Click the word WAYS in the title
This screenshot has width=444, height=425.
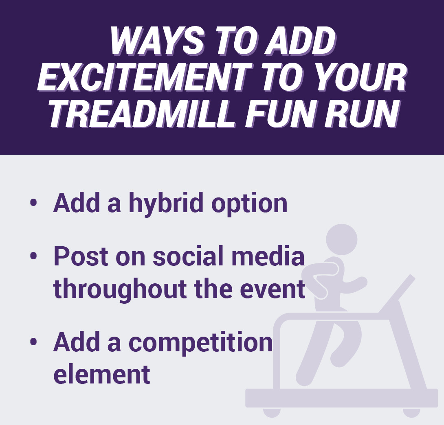156,41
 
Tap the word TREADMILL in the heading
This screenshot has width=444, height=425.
142,113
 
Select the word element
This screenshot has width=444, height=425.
102,374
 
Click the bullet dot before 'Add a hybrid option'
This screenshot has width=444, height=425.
33,203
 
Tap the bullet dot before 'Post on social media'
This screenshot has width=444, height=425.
33,256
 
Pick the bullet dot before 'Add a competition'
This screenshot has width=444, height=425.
33,341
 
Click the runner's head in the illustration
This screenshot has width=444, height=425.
341,239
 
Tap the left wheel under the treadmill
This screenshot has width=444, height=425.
272,412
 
